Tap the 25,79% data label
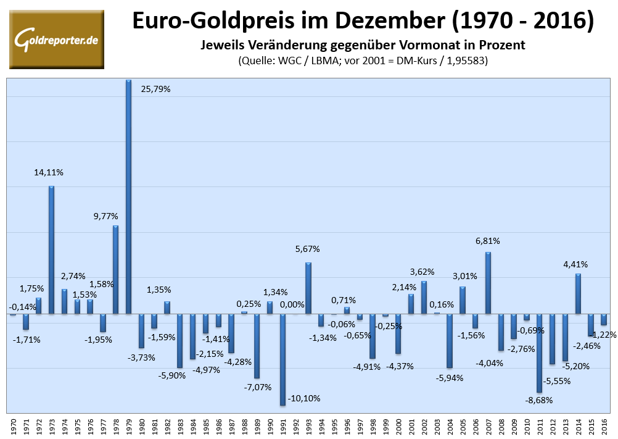[155, 89]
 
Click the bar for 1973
[52, 249]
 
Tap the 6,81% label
[487, 240]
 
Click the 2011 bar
[540, 353]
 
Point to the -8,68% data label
[540, 400]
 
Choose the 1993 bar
[308, 288]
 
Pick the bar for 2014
[579, 293]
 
